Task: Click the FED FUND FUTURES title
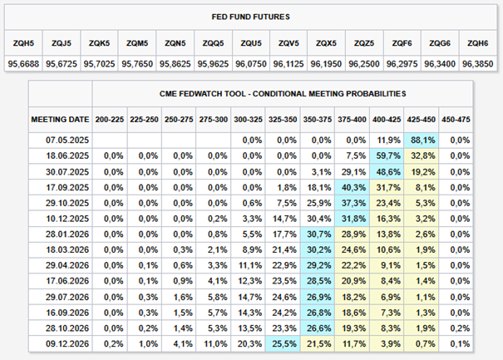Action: pyautogui.click(x=250, y=17)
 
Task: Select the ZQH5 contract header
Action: pyautogui.click(x=23, y=43)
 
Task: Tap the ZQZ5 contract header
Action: pyautogui.click(x=364, y=43)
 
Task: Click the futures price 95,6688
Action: pyautogui.click(x=23, y=64)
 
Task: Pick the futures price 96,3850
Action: pyautogui.click(x=478, y=64)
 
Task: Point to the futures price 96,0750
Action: pyautogui.click(x=251, y=64)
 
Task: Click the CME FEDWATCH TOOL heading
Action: pyautogui.click(x=283, y=94)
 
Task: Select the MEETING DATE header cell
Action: pyautogui.click(x=60, y=120)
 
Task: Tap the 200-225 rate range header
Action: pyautogui.click(x=110, y=120)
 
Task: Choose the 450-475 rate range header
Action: pyautogui.click(x=456, y=120)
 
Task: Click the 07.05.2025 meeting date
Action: pyautogui.click(x=67, y=141)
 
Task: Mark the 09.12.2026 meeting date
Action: pyautogui.click(x=67, y=344)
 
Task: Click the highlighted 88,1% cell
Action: pyautogui.click(x=422, y=141)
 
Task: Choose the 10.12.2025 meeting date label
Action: pyautogui.click(x=67, y=219)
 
